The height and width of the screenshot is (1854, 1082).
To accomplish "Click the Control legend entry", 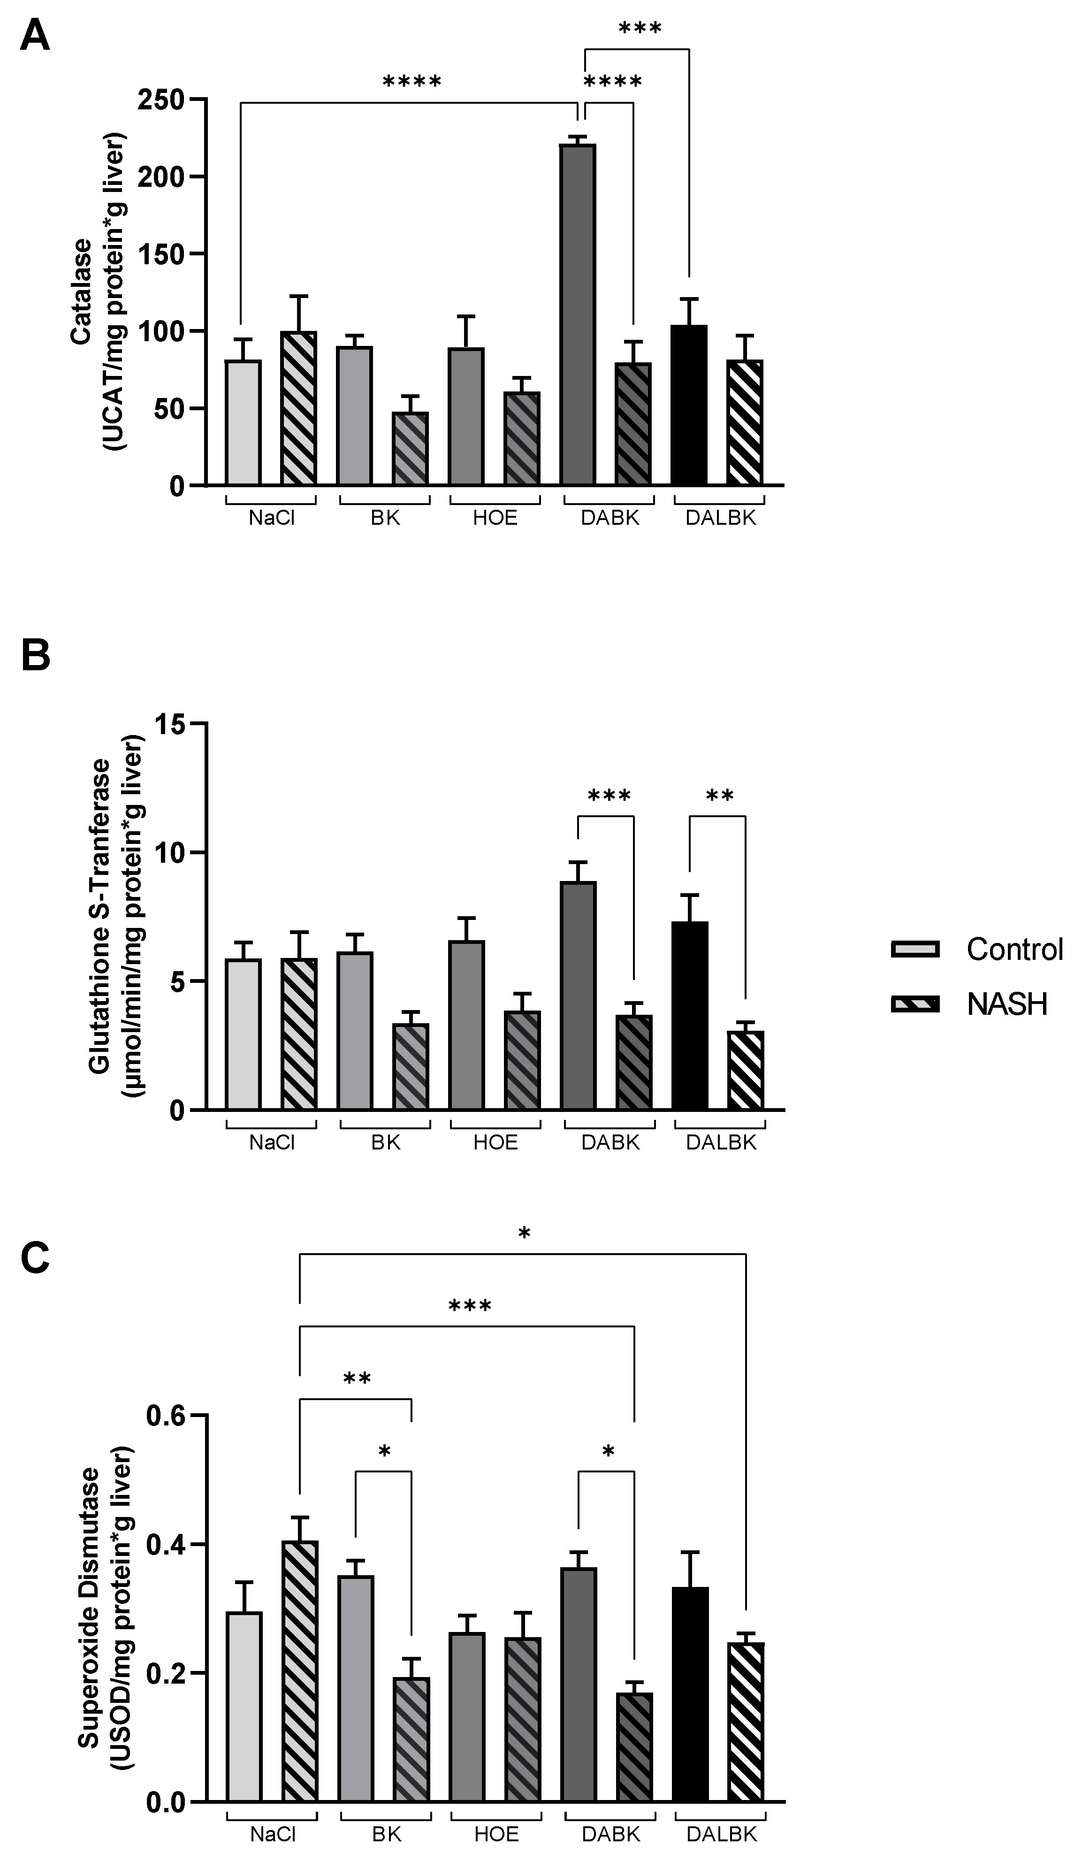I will (977, 949).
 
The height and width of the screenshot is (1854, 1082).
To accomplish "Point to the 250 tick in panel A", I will (160, 100).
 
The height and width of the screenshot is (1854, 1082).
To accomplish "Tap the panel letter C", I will (35, 1257).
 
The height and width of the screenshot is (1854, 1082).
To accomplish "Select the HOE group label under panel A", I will (495, 518).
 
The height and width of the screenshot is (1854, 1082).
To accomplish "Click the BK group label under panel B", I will (385, 1142).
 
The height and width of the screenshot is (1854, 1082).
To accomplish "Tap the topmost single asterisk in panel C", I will (524, 1234).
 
